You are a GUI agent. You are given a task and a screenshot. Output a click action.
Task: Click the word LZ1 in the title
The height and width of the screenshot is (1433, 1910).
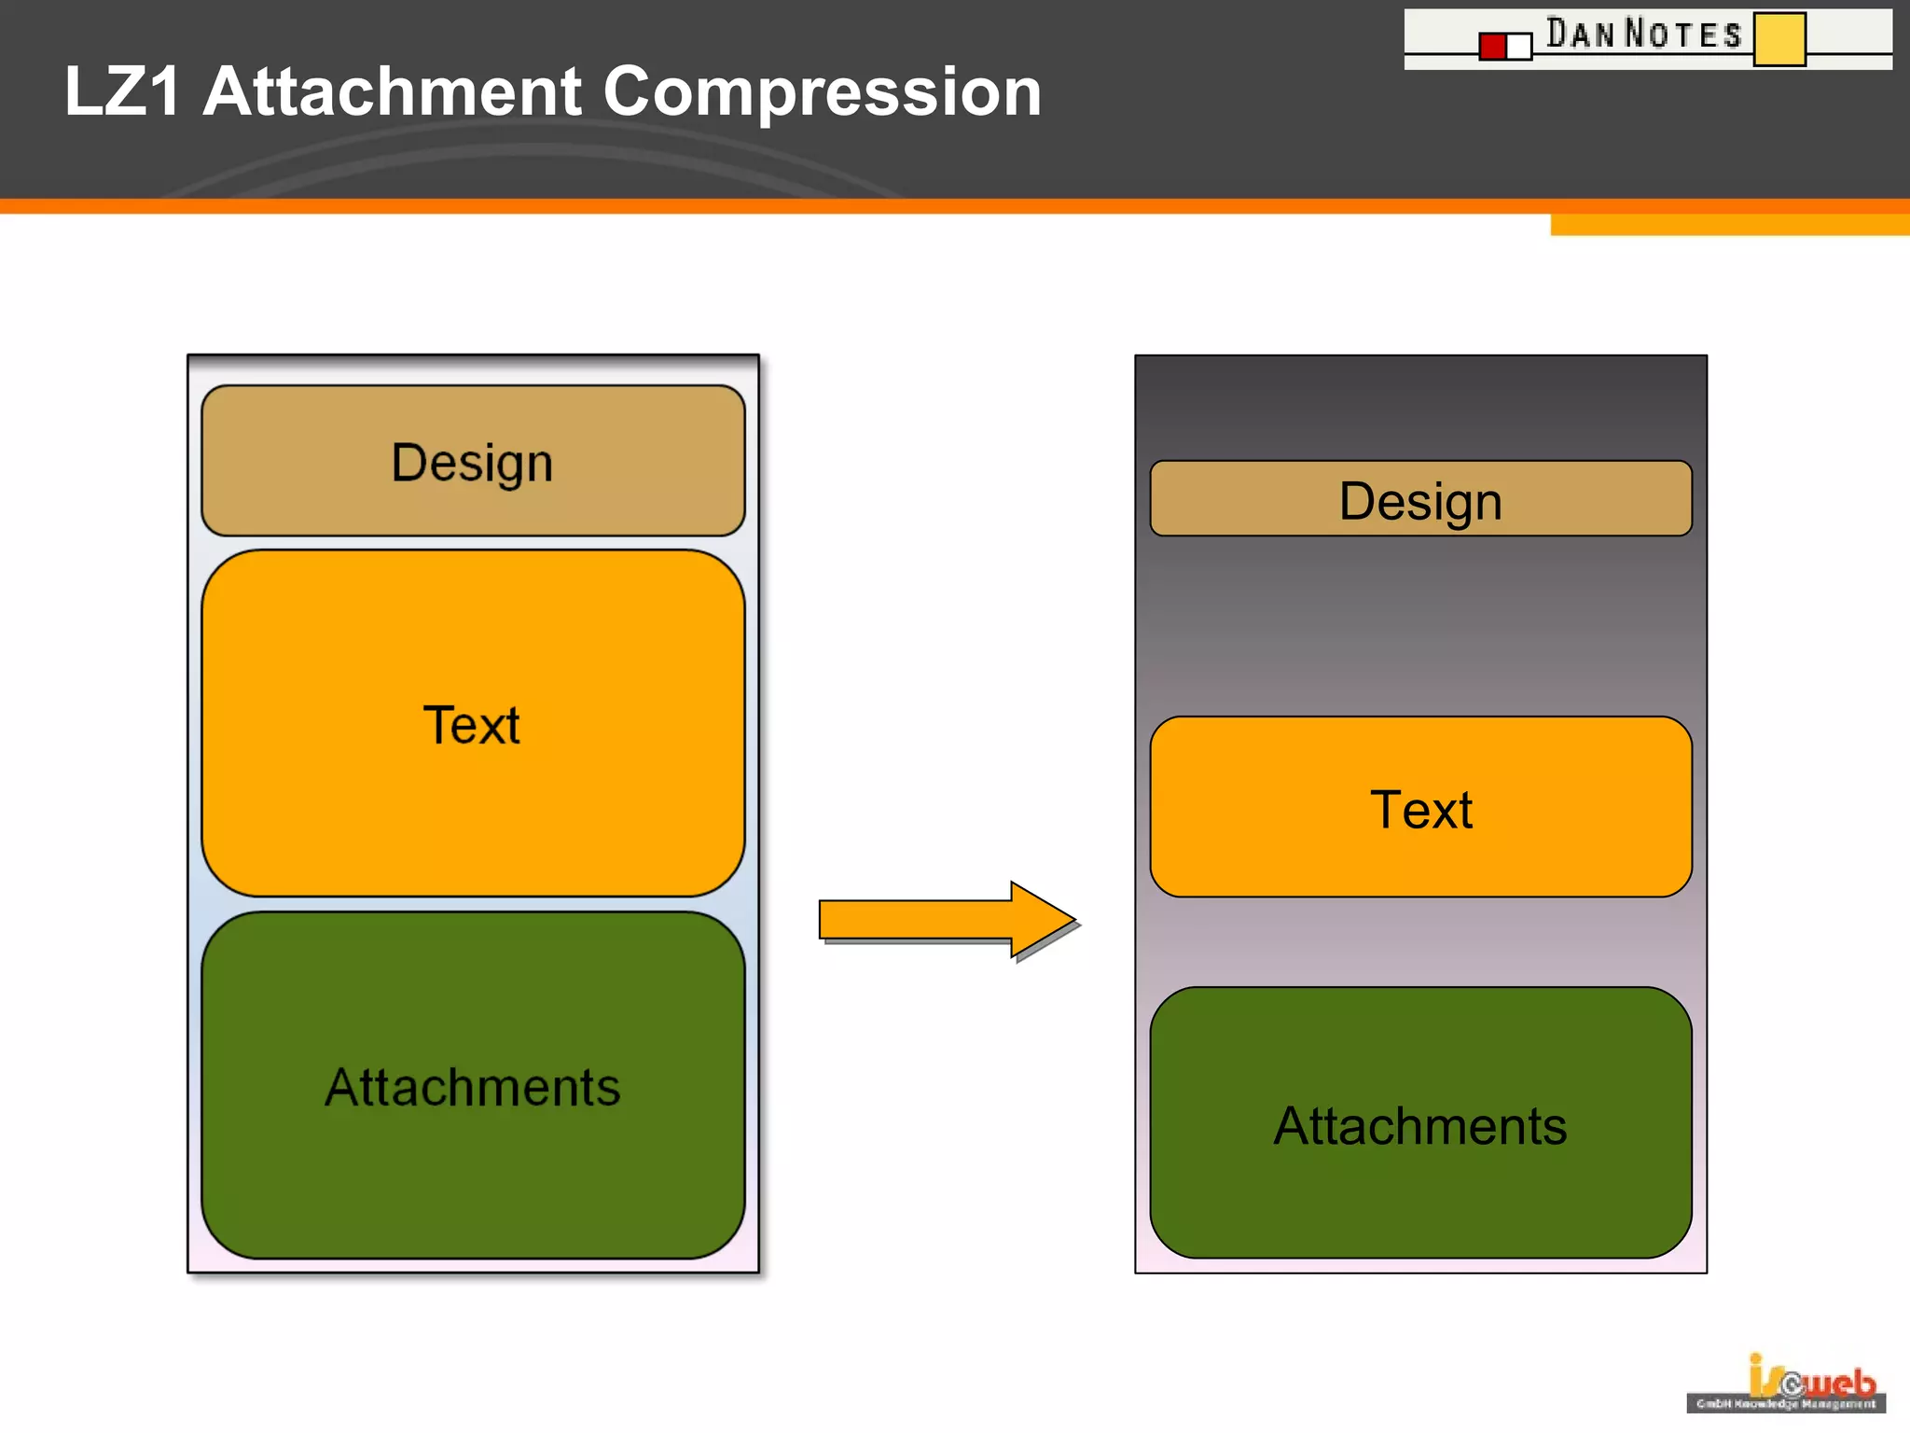122,91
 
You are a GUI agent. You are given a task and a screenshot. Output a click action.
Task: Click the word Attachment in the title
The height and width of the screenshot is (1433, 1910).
392,91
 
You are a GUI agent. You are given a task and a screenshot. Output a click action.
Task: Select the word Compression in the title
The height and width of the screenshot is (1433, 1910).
822,91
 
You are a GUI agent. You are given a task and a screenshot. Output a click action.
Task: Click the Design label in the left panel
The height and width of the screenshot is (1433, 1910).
472,463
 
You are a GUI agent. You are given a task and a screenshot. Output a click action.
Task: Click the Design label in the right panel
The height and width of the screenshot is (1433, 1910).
1419,502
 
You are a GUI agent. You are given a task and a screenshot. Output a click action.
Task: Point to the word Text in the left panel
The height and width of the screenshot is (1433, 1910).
472,725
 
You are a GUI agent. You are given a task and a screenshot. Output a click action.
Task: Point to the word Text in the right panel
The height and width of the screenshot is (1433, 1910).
1420,809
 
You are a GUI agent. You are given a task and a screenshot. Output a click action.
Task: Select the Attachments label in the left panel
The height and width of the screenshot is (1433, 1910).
472,1087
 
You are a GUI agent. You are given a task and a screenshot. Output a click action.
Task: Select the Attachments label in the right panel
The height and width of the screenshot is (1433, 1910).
1419,1126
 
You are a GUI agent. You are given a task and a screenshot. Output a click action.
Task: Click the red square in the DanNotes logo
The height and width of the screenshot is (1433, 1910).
1492,46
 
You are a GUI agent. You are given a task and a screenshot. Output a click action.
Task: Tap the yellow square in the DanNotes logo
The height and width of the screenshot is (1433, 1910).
1779,39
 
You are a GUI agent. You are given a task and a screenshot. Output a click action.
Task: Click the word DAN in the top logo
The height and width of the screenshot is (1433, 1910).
1580,34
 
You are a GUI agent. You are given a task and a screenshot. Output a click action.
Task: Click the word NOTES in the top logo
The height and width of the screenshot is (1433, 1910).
1683,35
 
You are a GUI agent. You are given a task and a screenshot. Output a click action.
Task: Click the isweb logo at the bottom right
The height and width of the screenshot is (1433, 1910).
1786,1384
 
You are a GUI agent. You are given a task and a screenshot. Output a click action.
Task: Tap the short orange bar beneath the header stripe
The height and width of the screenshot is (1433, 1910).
1729,225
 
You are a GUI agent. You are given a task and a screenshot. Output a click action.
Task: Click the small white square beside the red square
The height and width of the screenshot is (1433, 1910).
1519,46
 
